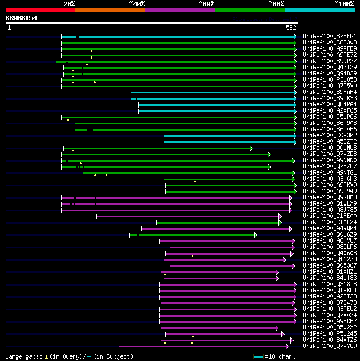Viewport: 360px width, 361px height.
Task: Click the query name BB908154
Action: coord(21,18)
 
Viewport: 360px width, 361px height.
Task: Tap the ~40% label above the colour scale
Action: coord(137,4)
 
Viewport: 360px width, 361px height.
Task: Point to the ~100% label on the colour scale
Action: coord(344,4)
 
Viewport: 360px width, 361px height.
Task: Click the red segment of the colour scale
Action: coord(40,10)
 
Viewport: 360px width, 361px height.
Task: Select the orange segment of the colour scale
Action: coord(110,10)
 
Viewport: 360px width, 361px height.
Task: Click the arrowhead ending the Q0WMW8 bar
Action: coord(251,148)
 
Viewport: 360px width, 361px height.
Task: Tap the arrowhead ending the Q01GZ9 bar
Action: coord(256,235)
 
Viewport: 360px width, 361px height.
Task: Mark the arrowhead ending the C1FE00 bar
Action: coord(280,216)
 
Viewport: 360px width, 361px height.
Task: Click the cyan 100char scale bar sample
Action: coord(258,356)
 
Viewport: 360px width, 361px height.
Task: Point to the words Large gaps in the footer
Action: coord(19,356)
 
